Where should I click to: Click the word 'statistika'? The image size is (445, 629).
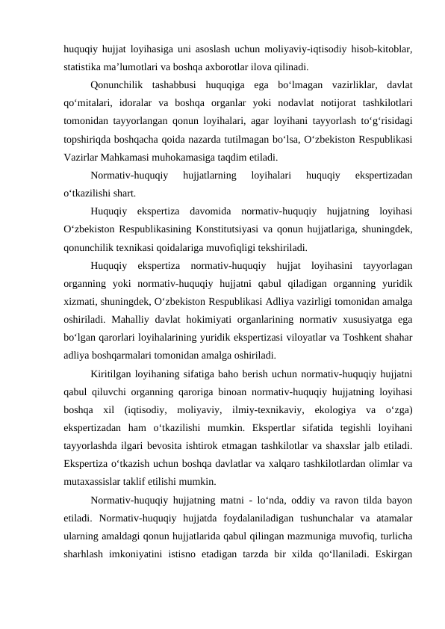pyautogui.click(x=84, y=66)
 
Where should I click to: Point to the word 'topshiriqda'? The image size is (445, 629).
pyautogui.click(x=88, y=139)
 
